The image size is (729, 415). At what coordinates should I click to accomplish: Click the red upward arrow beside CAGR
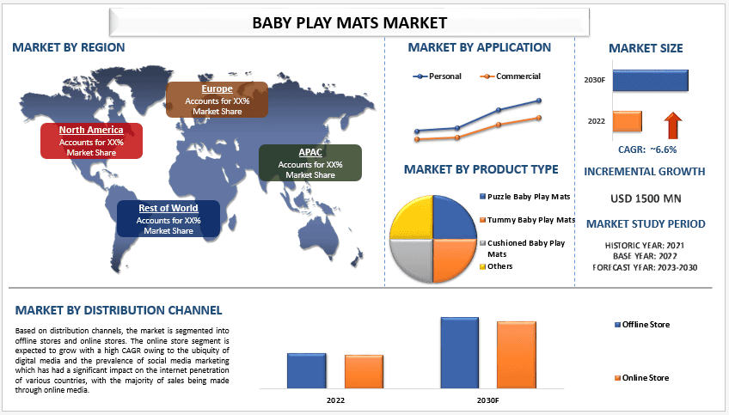coord(673,125)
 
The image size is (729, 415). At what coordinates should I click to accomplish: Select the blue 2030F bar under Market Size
coord(651,81)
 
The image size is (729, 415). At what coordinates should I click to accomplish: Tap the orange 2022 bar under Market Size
coord(628,121)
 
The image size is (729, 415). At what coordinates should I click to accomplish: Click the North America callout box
coord(92,141)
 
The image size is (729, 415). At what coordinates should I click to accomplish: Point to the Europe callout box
coord(217,100)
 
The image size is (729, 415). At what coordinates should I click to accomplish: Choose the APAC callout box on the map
coord(310,162)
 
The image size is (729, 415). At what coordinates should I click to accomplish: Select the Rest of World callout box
coord(168,218)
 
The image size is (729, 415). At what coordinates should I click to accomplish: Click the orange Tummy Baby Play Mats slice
coord(453,259)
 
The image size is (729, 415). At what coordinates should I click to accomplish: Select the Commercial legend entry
coord(510,76)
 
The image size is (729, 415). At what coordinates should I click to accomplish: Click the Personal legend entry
coord(437,76)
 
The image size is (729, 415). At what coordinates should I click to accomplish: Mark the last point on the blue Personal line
coord(539,101)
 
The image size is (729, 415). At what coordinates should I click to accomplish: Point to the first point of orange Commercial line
coord(417,139)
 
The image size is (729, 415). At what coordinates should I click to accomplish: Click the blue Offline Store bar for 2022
coord(306,371)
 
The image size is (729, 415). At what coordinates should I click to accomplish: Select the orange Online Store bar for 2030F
coord(517,355)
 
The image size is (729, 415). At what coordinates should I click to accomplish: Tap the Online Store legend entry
coord(641,378)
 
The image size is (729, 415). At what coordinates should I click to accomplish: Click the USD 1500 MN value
coord(646,198)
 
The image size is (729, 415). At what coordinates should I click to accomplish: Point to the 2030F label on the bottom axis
coord(487,400)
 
